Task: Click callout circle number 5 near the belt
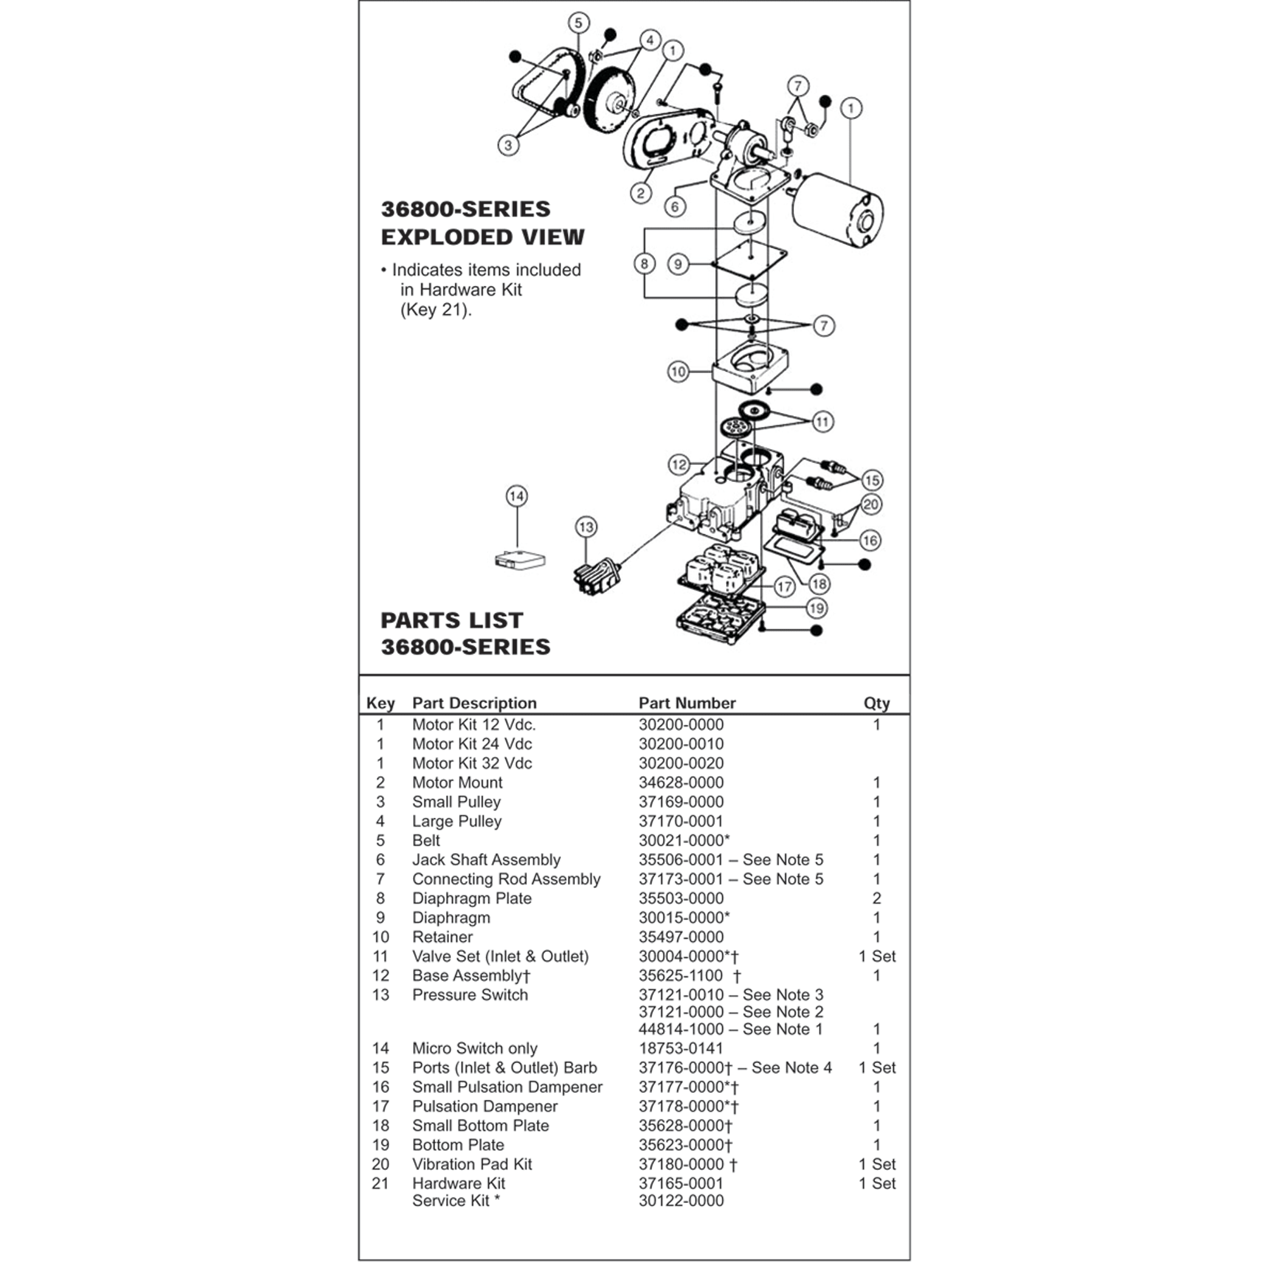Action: pyautogui.click(x=578, y=23)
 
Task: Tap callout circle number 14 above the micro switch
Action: pyautogui.click(x=517, y=496)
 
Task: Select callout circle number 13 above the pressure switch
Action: pyautogui.click(x=586, y=527)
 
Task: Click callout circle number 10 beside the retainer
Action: pyautogui.click(x=678, y=371)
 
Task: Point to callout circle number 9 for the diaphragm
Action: pyautogui.click(x=678, y=264)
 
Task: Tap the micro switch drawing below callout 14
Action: pyautogui.click(x=519, y=561)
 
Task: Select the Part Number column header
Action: pyautogui.click(x=686, y=703)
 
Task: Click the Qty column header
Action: pyautogui.click(x=876, y=703)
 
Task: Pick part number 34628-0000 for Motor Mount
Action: pyautogui.click(x=681, y=782)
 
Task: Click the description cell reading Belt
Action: pyautogui.click(x=426, y=840)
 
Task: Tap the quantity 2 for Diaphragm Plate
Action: pyautogui.click(x=876, y=898)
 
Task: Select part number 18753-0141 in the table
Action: pyautogui.click(x=681, y=1048)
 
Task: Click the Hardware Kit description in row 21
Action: pyautogui.click(x=458, y=1183)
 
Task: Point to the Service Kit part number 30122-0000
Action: pyautogui.click(x=681, y=1200)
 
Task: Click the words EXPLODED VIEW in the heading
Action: pyautogui.click(x=482, y=237)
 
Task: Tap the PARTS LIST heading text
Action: pyautogui.click(x=452, y=620)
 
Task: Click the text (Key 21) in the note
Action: pyautogui.click(x=436, y=310)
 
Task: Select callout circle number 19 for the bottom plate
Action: pyautogui.click(x=817, y=608)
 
